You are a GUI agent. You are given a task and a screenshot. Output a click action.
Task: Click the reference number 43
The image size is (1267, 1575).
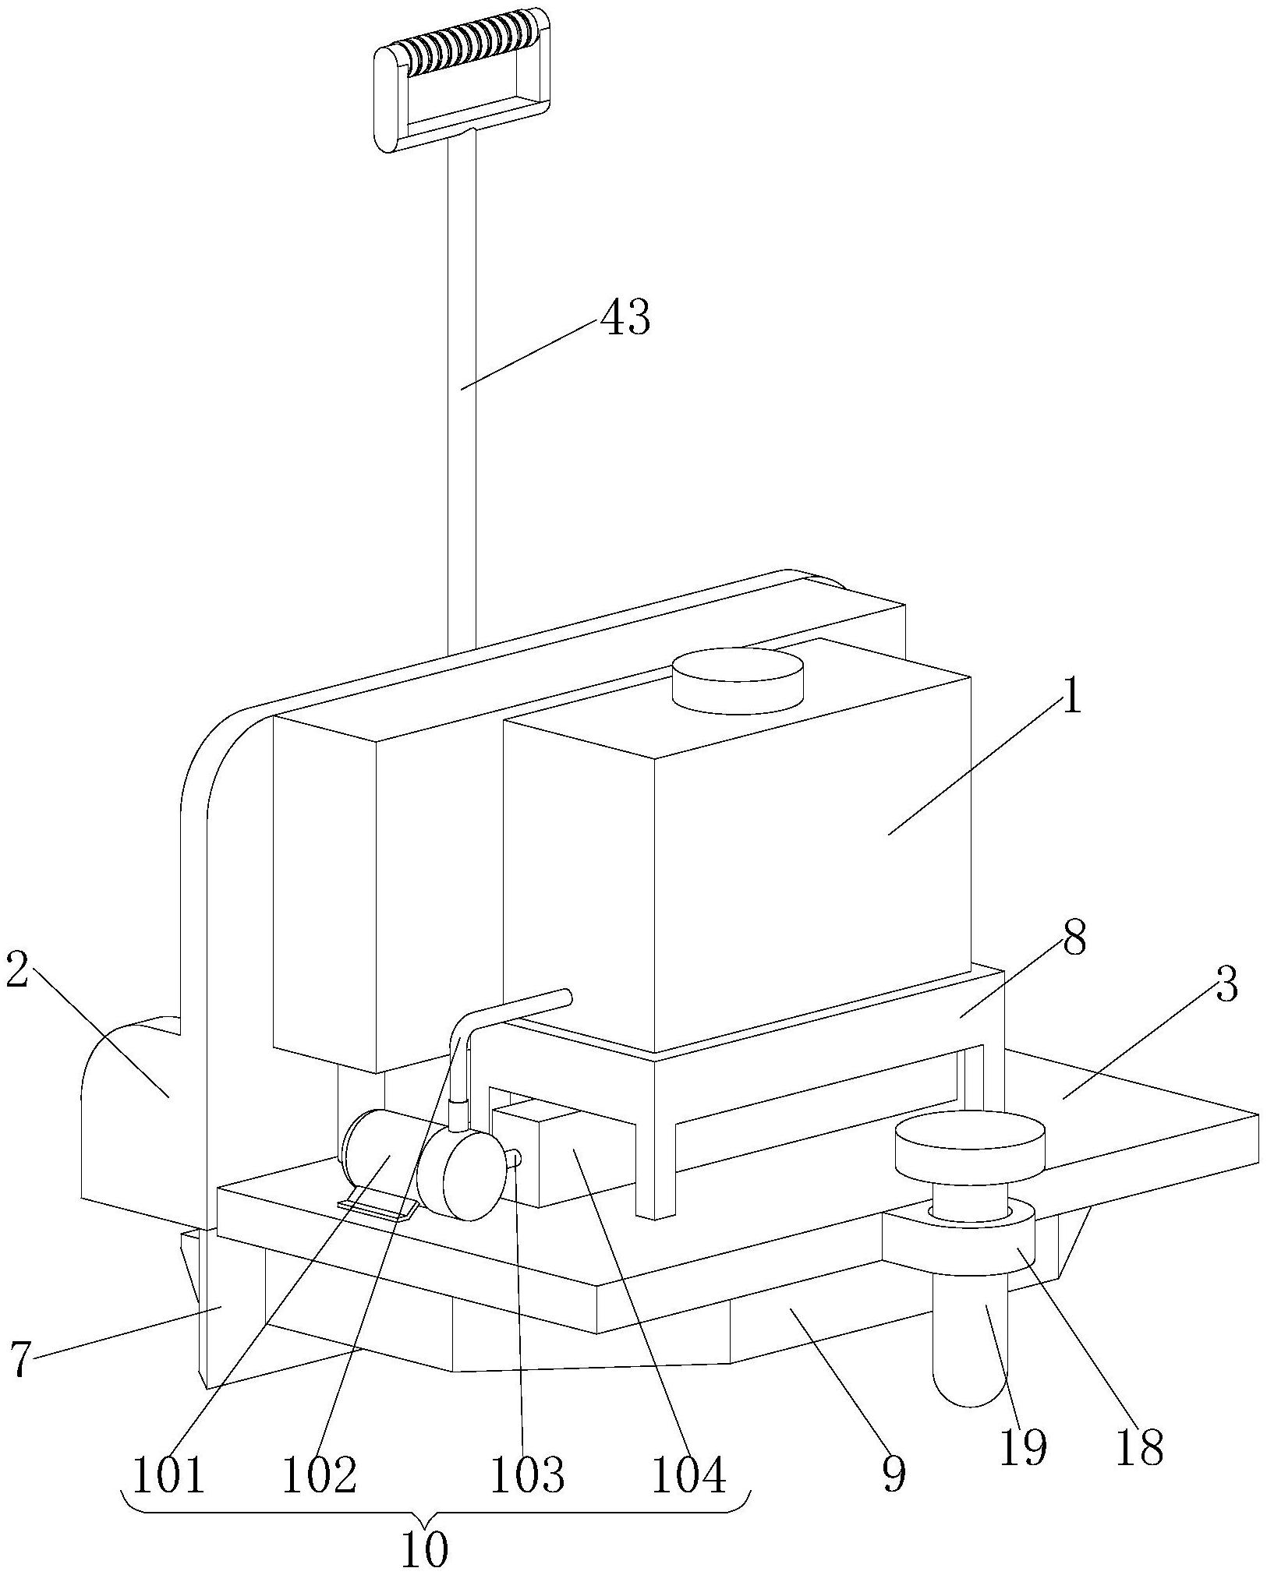pyautogui.click(x=625, y=318)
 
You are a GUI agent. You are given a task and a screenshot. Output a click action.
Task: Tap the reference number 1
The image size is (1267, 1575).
pyautogui.click(x=1073, y=696)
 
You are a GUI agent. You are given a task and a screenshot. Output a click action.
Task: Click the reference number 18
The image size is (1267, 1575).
pyautogui.click(x=1139, y=1447)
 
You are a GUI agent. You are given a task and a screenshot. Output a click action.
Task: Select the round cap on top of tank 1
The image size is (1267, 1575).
pyautogui.click(x=737, y=680)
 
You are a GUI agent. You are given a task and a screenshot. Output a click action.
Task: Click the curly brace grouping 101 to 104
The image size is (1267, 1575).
pyautogui.click(x=437, y=1510)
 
